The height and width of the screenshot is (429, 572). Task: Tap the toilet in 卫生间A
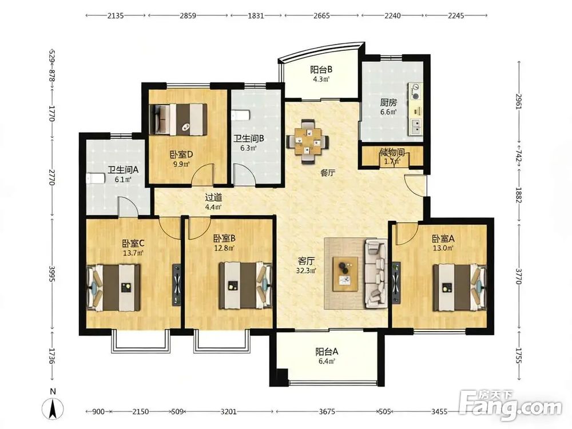pos(96,178)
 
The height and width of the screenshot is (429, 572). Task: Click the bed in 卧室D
pos(178,119)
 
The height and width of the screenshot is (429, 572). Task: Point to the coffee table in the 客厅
pos(345,274)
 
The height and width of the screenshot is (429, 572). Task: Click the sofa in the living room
pos(375,272)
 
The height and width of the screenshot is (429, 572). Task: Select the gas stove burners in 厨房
pos(415,91)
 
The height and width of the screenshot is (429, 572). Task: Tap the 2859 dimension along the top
pos(188,15)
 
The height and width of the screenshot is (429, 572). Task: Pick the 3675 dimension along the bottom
pos(327,411)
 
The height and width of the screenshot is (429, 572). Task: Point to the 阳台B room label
pos(321,69)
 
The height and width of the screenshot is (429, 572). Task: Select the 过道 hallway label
pos(213,198)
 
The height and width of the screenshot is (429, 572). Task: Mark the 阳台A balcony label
pos(327,352)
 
